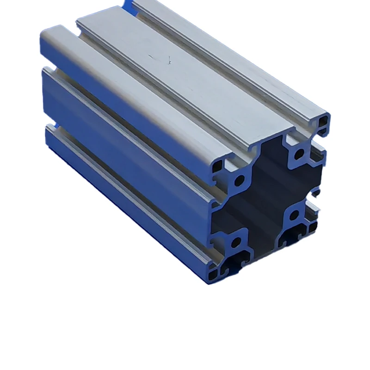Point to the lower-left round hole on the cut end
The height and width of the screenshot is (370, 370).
tap(236, 242)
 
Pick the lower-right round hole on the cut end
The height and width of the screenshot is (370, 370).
tap(294, 215)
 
